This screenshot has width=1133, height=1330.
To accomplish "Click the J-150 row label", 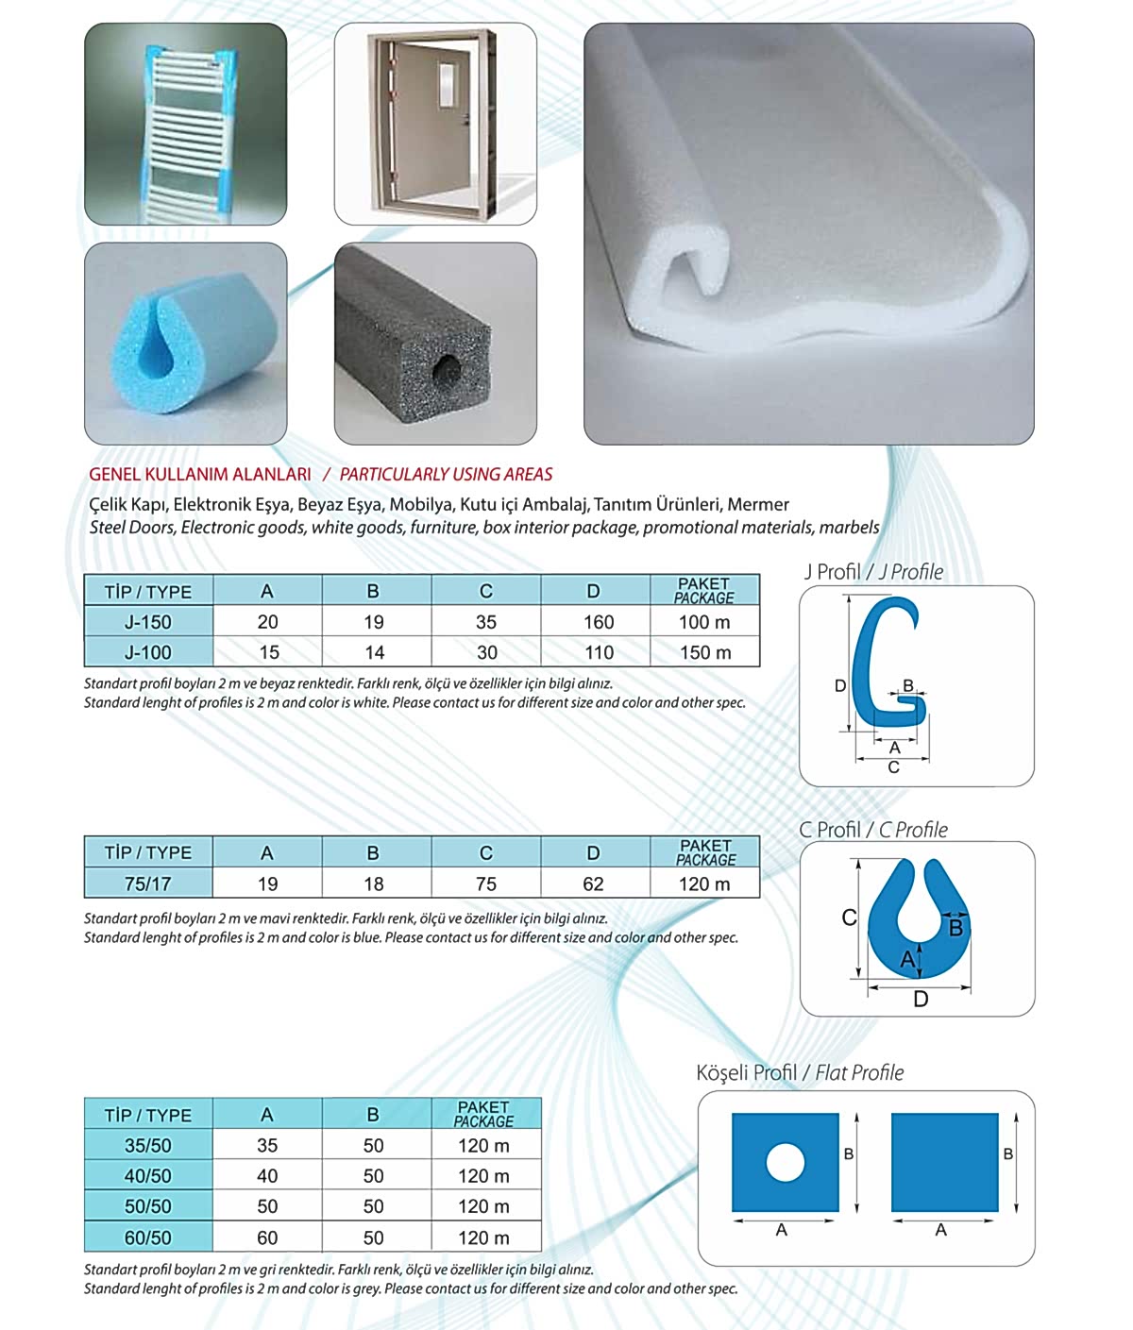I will tap(148, 622).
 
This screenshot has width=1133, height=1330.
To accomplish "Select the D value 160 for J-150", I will tap(599, 622).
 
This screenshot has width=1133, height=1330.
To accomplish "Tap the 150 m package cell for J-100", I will tap(705, 652).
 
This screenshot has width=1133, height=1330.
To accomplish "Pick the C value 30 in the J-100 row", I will tap(486, 652).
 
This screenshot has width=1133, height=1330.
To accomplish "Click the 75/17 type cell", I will tap(148, 884).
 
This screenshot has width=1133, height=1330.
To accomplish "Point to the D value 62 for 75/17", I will tap(593, 884).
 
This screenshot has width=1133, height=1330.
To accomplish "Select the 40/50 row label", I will tap(148, 1176).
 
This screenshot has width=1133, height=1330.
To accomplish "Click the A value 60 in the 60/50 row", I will tap(267, 1237).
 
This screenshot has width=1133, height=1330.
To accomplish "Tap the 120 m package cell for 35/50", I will tap(483, 1146).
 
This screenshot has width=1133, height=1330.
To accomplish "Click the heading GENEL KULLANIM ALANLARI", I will tap(200, 475).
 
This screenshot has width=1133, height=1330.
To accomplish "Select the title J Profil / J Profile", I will tap(873, 572).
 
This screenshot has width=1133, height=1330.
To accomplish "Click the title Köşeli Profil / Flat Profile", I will tap(800, 1073).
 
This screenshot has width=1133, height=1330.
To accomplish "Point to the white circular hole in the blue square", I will tap(786, 1162).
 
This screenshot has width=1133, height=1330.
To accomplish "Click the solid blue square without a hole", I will tap(944, 1162).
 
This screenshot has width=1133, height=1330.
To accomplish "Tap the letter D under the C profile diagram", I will tap(921, 999).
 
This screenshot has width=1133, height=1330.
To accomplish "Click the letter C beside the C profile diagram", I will tap(849, 918).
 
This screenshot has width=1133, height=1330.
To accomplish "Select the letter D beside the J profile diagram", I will tap(840, 686).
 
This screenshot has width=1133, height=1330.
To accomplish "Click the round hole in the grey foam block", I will tap(448, 372).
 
